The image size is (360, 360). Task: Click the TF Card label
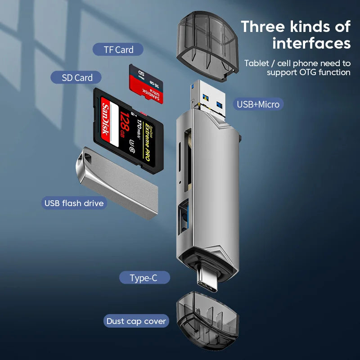click(118, 49)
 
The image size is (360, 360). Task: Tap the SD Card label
click(77, 77)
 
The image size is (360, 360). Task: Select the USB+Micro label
click(258, 104)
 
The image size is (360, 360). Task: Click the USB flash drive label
click(74, 203)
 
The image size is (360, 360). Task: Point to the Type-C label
click(144, 278)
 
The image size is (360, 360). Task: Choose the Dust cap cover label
click(136, 321)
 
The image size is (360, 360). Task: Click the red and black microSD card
click(146, 84)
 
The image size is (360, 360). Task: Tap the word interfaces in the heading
click(311, 43)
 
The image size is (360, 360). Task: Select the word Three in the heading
click(263, 26)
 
